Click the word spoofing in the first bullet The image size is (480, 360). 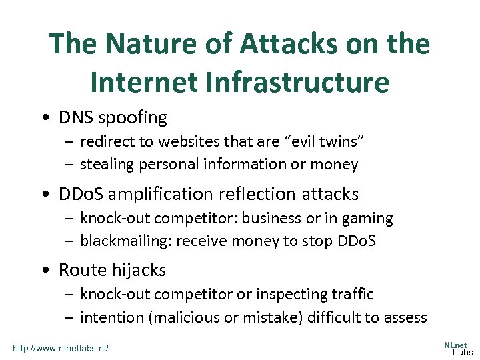(132, 118)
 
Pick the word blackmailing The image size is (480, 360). (125, 241)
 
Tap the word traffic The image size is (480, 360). (350, 294)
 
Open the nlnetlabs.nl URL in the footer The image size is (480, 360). (61, 348)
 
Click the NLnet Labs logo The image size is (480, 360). (458, 347)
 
